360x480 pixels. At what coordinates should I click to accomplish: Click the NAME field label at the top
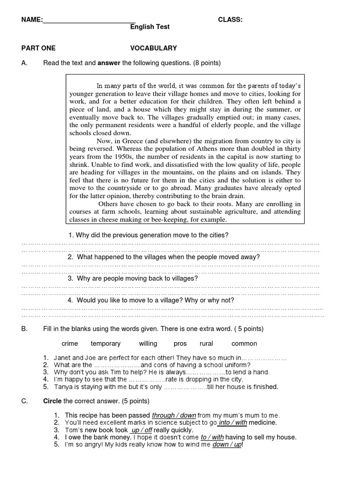click(32, 20)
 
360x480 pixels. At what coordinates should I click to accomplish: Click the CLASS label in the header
click(230, 20)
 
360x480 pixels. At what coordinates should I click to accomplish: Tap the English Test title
click(150, 27)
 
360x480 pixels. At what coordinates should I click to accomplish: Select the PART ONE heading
click(38, 48)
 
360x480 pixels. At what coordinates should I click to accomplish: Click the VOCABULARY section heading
click(153, 48)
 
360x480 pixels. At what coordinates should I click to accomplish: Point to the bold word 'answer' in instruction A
click(109, 62)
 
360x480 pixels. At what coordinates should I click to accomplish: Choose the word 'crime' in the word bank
click(70, 344)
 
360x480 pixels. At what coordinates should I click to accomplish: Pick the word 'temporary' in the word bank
click(105, 344)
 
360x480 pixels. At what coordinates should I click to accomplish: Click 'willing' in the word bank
click(148, 344)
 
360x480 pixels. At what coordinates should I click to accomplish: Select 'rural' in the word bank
click(206, 344)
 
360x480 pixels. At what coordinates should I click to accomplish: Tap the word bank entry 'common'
click(244, 344)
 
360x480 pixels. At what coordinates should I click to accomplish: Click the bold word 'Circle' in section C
click(52, 401)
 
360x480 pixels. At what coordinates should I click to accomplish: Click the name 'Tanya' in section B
click(63, 387)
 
